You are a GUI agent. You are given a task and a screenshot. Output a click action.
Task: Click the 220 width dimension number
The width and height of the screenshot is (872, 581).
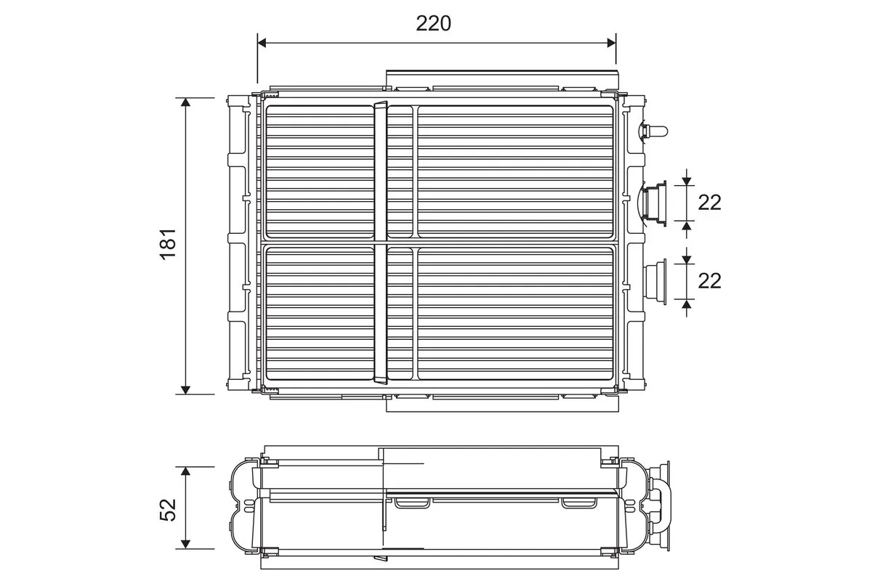tap(433, 23)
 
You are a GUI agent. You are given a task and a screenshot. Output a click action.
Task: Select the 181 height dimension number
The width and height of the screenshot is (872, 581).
tap(167, 244)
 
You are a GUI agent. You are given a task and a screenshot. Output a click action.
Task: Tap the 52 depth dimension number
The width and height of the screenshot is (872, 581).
tap(167, 508)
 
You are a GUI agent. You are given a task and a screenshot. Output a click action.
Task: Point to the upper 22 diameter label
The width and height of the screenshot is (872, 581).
tap(709, 203)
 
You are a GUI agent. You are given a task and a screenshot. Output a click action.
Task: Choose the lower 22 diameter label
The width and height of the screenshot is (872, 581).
tap(709, 280)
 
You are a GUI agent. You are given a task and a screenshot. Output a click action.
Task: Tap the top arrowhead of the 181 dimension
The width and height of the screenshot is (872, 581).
tap(186, 102)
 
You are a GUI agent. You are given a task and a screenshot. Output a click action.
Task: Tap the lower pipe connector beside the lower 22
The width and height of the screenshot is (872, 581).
tap(656, 280)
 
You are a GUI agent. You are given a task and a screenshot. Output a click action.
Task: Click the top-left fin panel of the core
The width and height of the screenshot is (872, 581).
tap(319, 171)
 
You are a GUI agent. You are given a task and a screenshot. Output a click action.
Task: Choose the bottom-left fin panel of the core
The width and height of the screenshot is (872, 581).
tap(319, 313)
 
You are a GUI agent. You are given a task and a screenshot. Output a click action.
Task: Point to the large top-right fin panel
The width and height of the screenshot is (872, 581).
tap(515, 171)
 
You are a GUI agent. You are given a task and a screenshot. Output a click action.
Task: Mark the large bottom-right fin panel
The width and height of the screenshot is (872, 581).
tap(515, 313)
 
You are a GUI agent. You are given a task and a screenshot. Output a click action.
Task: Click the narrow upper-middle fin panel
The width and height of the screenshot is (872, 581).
tap(400, 171)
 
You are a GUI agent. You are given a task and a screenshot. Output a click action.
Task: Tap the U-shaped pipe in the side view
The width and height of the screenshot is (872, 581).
tap(658, 502)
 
